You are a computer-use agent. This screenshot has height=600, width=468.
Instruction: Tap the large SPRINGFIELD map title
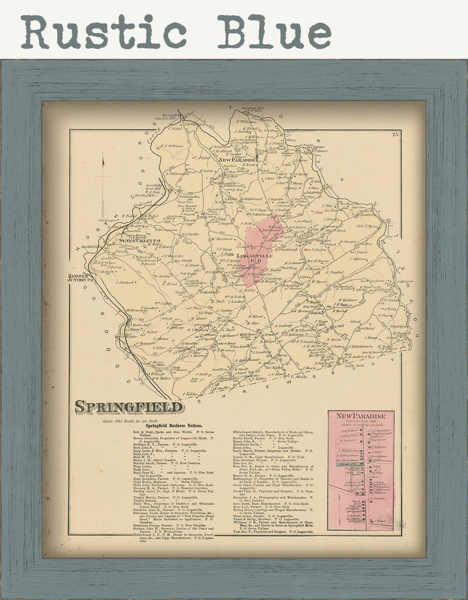[x=129, y=407]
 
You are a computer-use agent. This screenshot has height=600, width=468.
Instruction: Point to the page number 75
[x=395, y=135]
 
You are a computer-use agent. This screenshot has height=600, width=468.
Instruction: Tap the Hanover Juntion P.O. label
[x=81, y=278]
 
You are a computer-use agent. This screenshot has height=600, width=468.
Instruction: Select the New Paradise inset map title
[x=361, y=416]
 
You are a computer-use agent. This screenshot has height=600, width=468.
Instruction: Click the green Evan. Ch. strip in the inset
[x=350, y=464]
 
